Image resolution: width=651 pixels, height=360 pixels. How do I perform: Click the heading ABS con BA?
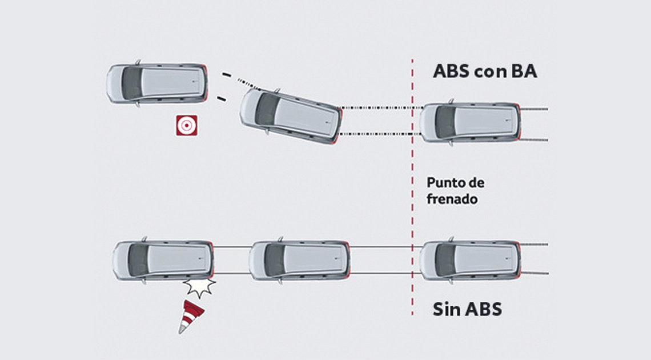[x=485, y=72]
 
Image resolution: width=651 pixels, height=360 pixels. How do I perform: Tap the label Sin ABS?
[x=467, y=309]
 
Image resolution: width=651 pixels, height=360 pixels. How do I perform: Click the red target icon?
[x=187, y=125]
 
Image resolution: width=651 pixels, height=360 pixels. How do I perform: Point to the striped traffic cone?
[x=190, y=317]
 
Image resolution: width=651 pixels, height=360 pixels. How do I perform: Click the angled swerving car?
[x=290, y=115]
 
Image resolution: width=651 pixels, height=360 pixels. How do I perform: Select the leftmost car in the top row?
[x=156, y=83]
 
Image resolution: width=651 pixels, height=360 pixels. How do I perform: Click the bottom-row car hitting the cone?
[x=163, y=261]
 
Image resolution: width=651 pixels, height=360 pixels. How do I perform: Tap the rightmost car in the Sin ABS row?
[x=470, y=260]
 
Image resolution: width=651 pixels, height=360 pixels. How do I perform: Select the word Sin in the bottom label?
[x=446, y=309]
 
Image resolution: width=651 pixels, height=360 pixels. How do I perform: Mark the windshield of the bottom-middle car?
[x=275, y=260]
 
